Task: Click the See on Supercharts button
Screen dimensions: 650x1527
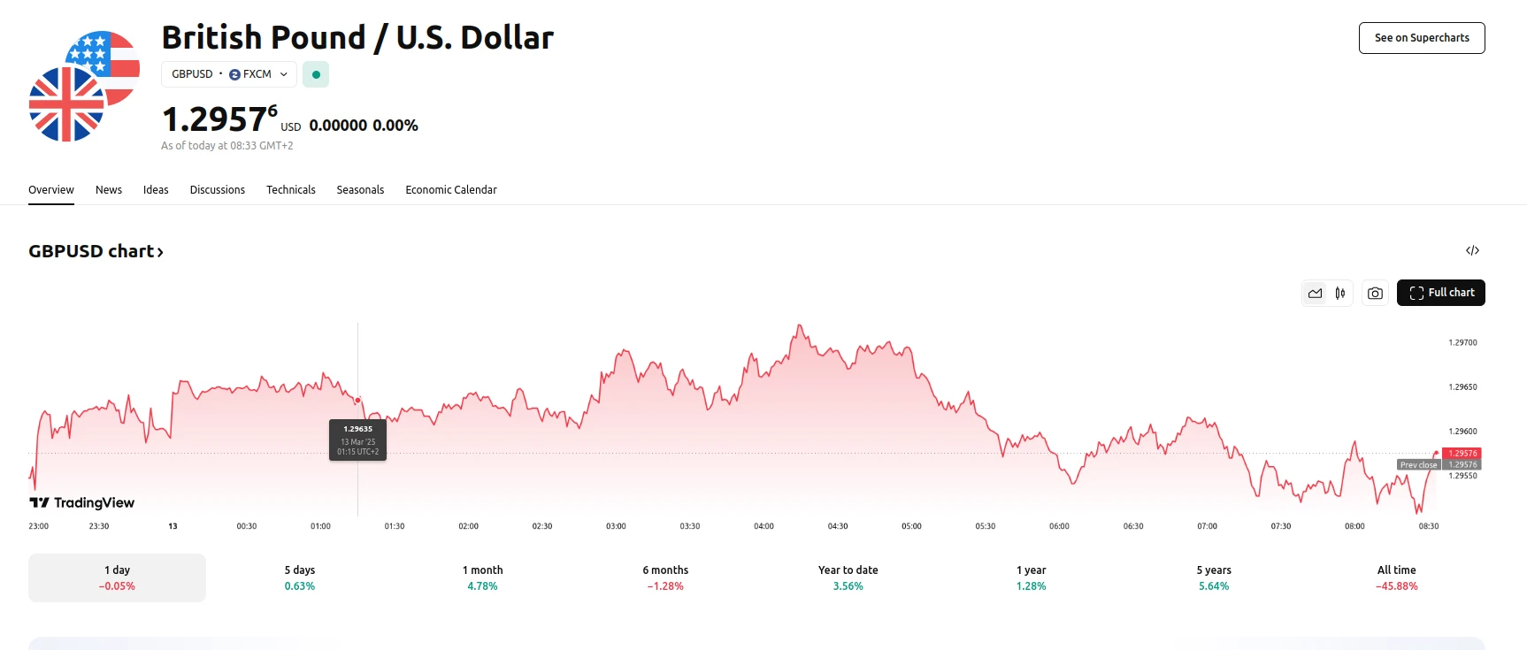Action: click(x=1422, y=38)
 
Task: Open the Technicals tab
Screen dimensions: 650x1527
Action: click(x=291, y=190)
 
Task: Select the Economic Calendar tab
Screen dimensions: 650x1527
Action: click(x=451, y=190)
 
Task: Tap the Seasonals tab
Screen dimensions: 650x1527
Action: click(x=360, y=190)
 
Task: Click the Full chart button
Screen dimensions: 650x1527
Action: click(x=1440, y=293)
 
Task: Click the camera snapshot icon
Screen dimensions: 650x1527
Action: click(x=1375, y=294)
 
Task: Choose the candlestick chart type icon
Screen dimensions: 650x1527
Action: click(x=1340, y=294)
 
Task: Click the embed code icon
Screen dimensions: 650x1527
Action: click(x=1472, y=251)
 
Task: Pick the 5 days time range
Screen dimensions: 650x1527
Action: click(x=300, y=577)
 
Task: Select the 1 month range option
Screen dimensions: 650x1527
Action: click(x=482, y=577)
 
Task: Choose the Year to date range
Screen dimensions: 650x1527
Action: click(x=848, y=577)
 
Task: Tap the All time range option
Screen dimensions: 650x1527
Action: click(x=1396, y=577)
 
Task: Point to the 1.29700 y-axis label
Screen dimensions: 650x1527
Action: click(x=1462, y=342)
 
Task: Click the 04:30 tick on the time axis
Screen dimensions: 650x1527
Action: click(x=838, y=526)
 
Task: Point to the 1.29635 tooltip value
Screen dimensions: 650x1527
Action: click(x=358, y=429)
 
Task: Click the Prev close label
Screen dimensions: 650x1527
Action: click(x=1418, y=465)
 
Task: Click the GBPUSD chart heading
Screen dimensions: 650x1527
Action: click(x=96, y=251)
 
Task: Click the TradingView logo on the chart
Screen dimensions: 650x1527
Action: click(x=82, y=502)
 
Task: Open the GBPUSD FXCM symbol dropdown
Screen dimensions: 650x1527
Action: click(x=229, y=74)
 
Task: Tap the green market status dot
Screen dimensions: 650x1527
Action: click(x=316, y=74)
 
